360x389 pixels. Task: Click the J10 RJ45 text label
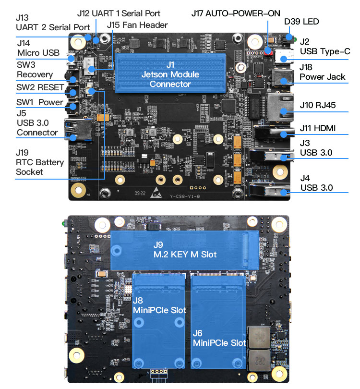click(x=317, y=105)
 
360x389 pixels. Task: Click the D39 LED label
click(x=301, y=22)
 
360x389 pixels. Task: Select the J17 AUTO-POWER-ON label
click(x=236, y=13)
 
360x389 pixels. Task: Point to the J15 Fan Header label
click(x=137, y=24)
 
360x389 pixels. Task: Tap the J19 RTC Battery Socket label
click(x=39, y=162)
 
